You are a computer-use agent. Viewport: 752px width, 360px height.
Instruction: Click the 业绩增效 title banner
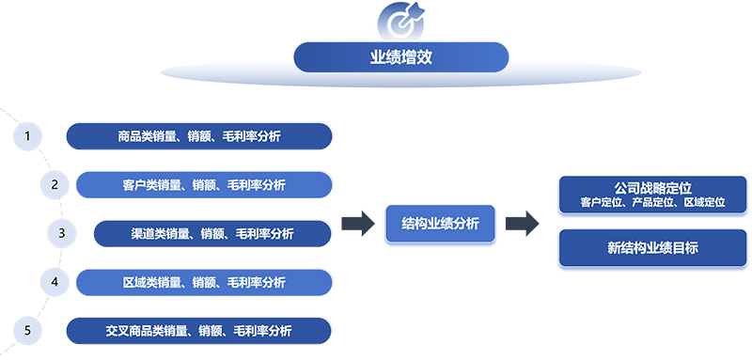point(401,57)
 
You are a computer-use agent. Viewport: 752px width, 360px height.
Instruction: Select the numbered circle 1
point(28,136)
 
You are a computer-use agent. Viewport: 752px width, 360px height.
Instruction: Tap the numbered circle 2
point(55,184)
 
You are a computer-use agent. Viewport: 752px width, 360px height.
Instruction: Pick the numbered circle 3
point(61,232)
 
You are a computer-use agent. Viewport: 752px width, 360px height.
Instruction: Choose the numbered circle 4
point(55,281)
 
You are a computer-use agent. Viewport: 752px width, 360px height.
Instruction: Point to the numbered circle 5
point(28,330)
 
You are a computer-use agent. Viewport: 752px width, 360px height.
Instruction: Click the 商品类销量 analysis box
point(199,136)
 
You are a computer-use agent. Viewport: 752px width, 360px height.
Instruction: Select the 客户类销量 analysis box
point(204,184)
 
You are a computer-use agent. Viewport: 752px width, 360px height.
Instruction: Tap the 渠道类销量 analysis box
point(212,233)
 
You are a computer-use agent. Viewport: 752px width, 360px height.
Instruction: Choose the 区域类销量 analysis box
point(204,282)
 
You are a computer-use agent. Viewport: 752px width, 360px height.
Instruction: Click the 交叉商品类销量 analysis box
point(199,331)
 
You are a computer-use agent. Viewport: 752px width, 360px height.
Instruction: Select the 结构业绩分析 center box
point(441,224)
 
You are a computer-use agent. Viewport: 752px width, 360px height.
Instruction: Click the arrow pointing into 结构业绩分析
point(357,224)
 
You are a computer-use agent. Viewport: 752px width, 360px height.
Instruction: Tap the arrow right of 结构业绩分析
point(522,224)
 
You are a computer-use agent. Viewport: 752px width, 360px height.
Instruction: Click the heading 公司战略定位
point(652,188)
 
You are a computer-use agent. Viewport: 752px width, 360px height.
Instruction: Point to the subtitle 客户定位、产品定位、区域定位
point(652,202)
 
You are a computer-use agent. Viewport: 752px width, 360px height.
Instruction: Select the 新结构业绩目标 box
point(652,248)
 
